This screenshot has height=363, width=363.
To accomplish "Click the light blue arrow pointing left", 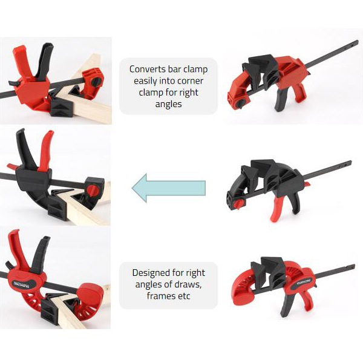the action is pos(169,188).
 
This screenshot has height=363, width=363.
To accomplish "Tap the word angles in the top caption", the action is pos(169,104).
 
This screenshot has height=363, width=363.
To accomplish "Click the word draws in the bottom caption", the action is pos(188,284).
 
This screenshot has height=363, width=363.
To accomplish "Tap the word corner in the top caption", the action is pos(191,81).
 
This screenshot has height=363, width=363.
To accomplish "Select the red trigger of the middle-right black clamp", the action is pos(276,209).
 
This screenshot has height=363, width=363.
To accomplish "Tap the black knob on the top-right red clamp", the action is pos(241,102).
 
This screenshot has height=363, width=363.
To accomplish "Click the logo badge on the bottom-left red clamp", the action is pos(21,284).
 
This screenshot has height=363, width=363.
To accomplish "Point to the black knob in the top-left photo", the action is pos(96,81).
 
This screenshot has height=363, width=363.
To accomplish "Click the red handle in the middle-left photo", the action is pos(46,151).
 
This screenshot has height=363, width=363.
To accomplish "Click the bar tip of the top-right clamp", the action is pos(356,43).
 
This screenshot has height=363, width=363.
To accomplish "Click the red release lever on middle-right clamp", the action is pos(307,184).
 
